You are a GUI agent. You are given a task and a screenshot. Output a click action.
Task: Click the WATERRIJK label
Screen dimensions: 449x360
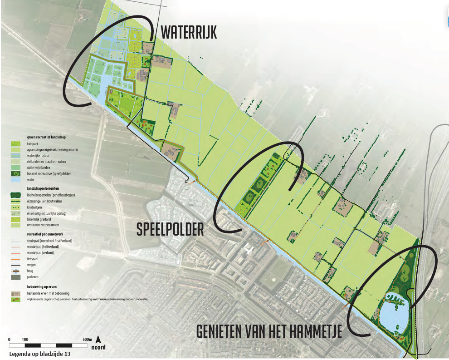189,33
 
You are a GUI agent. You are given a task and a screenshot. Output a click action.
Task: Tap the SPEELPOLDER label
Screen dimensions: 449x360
170,230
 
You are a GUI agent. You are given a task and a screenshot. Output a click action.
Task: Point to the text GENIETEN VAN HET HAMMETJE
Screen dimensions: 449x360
269,331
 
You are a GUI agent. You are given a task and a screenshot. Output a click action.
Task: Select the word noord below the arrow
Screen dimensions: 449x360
99,347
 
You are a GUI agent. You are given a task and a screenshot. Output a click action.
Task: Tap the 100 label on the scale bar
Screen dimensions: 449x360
25,340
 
